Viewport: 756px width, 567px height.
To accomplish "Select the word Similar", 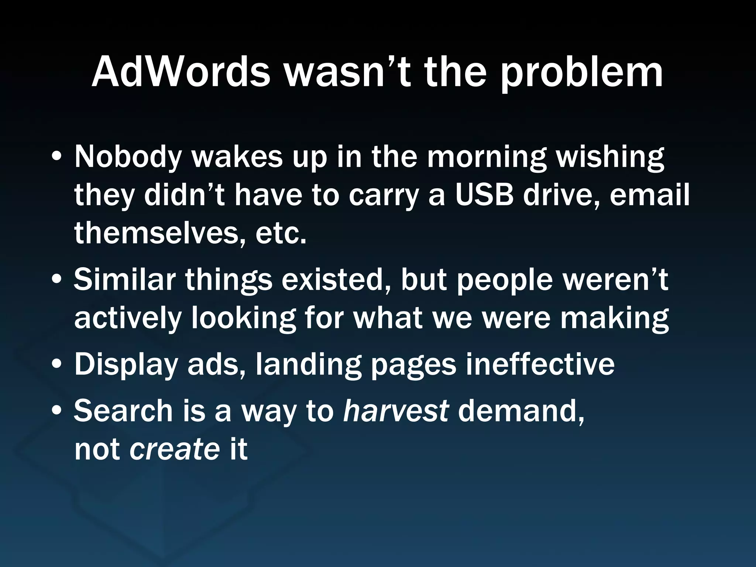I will coord(124,279).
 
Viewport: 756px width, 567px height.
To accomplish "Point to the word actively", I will coord(128,318).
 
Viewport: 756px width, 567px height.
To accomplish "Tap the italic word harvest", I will coord(396,410).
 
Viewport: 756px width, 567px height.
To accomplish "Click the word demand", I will coord(521,410).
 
